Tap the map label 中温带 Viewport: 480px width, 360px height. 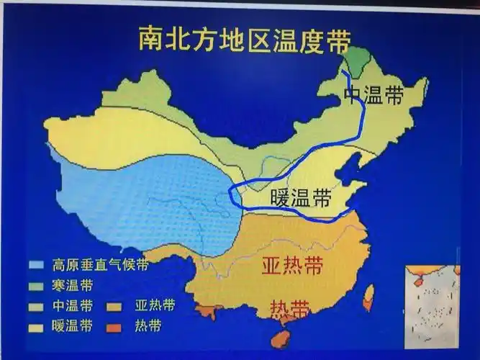coord(374,96)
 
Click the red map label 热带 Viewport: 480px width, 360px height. coord(290,310)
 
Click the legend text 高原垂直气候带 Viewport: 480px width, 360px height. coord(101,264)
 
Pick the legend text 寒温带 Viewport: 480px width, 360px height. coord(72,284)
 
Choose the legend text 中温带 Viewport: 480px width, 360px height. coord(72,305)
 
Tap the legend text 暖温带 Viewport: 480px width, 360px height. coord(72,325)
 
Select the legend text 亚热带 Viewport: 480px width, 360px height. coord(154,305)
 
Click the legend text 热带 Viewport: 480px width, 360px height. coord(148,325)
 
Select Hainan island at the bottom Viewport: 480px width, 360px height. coord(279,338)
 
